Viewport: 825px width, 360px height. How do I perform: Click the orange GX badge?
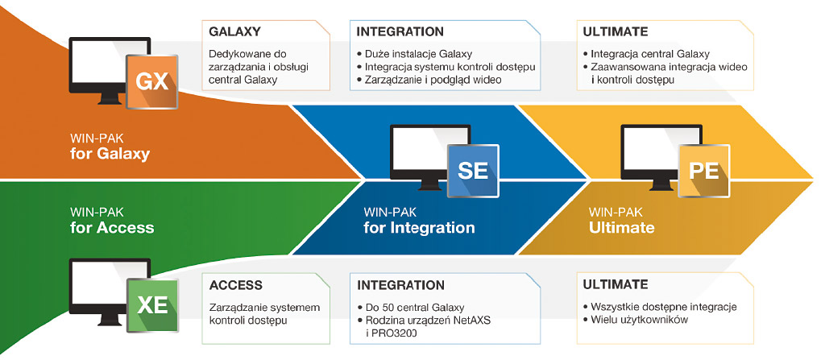point(152,81)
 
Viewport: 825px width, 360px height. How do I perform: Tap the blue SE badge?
point(472,170)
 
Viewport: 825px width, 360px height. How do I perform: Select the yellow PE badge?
point(704,171)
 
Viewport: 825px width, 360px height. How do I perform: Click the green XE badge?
point(152,305)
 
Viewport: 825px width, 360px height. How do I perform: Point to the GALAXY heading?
point(234,31)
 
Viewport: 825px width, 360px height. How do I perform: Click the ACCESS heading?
point(236,285)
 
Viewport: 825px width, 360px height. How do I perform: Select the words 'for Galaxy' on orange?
point(110,154)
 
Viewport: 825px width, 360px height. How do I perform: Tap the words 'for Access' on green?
point(112,227)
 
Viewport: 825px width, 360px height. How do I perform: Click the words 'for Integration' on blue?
point(419,227)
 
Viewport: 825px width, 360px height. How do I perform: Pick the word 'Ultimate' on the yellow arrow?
point(621,227)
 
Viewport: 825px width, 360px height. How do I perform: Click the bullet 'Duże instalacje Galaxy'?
point(414,54)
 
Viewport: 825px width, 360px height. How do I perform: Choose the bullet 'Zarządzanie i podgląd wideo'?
point(429,80)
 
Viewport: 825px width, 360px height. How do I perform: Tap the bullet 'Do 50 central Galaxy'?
point(410,307)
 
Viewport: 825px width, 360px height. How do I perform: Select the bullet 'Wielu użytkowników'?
point(636,320)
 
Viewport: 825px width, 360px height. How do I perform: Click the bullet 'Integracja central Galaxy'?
point(647,54)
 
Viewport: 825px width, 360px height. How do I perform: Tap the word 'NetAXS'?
point(471,320)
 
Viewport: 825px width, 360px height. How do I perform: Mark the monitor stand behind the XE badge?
point(110,322)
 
